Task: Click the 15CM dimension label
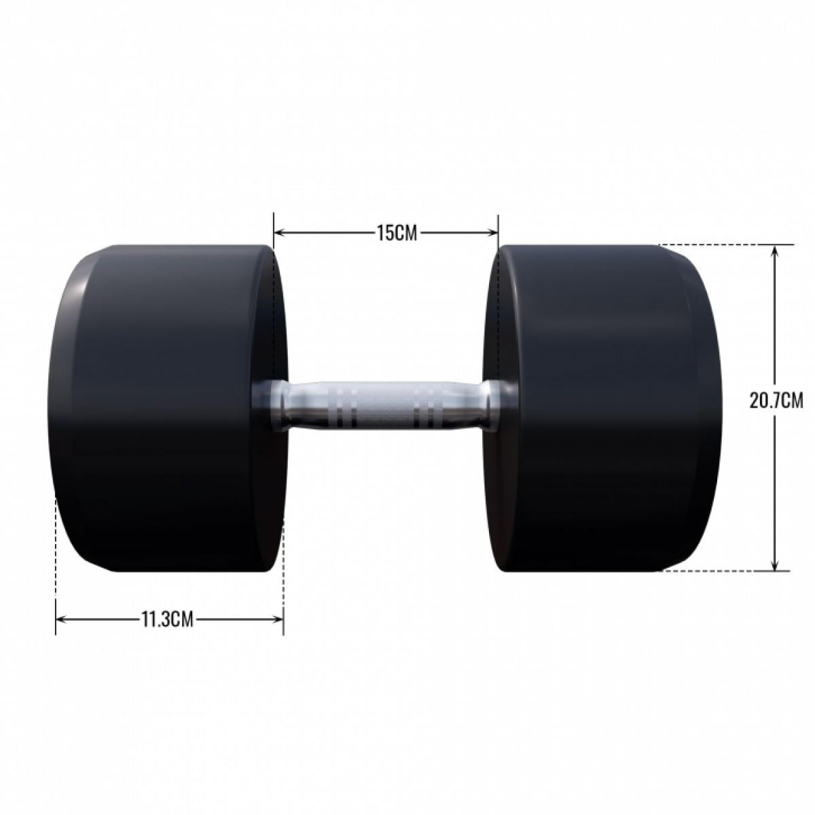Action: [x=386, y=233]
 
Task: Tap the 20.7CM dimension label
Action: [x=776, y=401]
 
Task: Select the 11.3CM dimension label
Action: [x=167, y=619]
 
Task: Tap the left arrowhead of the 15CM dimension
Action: [x=278, y=233]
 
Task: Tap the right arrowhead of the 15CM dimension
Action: [x=494, y=233]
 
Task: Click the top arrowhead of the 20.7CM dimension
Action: [x=775, y=249]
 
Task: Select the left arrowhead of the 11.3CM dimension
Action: [x=60, y=619]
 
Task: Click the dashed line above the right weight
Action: [x=720, y=244]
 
